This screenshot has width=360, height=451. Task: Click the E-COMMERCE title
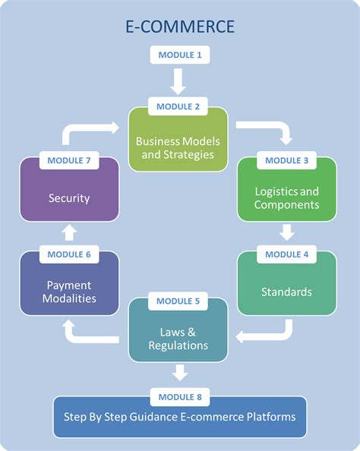180,27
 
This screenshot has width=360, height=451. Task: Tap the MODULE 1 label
180,55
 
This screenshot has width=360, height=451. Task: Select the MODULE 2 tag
178,106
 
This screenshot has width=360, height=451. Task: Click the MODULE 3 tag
287,160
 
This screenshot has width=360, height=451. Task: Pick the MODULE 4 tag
287,254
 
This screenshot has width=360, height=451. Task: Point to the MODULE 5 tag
178,301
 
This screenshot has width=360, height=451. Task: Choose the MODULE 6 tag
69,254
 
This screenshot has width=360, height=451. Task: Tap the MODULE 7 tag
69,160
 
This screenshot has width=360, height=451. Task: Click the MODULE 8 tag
180,396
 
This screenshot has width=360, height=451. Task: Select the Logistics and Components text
286,197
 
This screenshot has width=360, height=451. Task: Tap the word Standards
286,292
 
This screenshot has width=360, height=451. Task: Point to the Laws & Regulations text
178,339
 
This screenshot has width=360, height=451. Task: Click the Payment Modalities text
69,292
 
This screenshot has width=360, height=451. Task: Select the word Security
69,198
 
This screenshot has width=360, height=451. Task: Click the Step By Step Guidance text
179,417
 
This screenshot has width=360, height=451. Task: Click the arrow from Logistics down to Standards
287,230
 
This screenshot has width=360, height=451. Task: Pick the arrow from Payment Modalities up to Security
69,230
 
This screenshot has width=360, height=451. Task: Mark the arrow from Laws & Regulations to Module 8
180,372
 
